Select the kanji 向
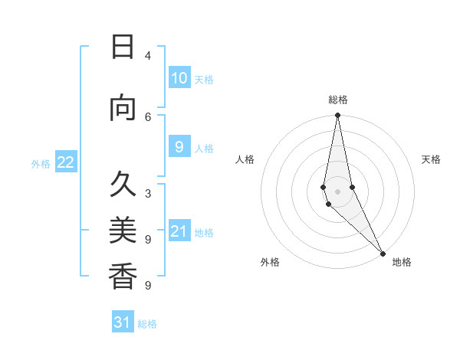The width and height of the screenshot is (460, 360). pyautogui.click(x=123, y=109)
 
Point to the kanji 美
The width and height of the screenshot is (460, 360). pyautogui.click(x=123, y=230)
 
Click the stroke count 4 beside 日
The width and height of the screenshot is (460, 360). pyautogui.click(x=148, y=56)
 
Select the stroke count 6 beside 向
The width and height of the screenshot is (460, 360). pyautogui.click(x=148, y=116)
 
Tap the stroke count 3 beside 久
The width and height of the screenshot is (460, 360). pyautogui.click(x=148, y=193)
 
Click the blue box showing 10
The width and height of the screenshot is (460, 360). pyautogui.click(x=179, y=78)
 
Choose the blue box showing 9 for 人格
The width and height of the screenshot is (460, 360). pyautogui.click(x=179, y=147)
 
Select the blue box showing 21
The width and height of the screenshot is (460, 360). pyautogui.click(x=179, y=231)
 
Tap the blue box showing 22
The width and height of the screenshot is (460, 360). pyautogui.click(x=66, y=162)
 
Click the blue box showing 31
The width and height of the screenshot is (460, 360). pyautogui.click(x=123, y=322)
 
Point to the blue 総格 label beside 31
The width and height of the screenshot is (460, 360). pyautogui.click(x=147, y=324)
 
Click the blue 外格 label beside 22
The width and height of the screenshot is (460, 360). pyautogui.click(x=41, y=164)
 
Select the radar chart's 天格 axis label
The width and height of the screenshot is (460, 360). pyautogui.click(x=431, y=159)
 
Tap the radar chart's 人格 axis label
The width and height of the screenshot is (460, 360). pyautogui.click(x=245, y=159)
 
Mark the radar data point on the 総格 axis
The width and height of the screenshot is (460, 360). pyautogui.click(x=337, y=116)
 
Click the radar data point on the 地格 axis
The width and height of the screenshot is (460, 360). pyautogui.click(x=383, y=253)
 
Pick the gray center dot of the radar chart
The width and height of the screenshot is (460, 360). pyautogui.click(x=337, y=191)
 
